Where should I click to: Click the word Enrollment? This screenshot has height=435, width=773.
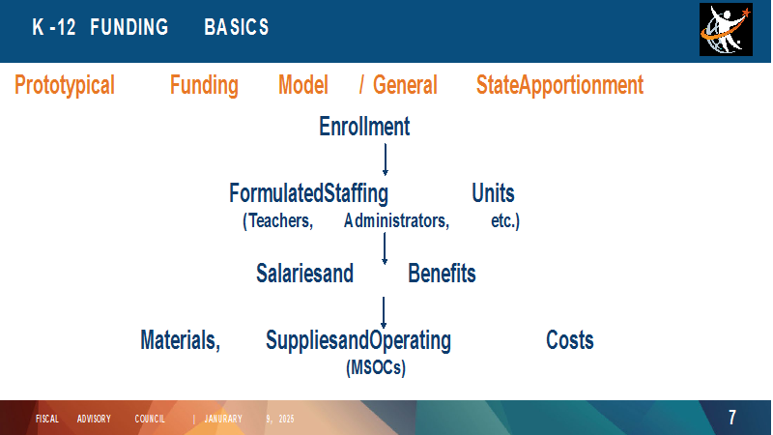364,127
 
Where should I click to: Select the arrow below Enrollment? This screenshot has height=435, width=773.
385,159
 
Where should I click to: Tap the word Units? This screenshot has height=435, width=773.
493,192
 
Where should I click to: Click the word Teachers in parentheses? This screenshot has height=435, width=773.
277,220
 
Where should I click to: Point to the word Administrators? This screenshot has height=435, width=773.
396,220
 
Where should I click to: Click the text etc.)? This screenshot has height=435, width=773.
505,220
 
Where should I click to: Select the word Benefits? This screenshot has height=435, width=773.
442,274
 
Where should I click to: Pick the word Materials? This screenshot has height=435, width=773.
181,340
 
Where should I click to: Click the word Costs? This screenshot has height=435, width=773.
570,340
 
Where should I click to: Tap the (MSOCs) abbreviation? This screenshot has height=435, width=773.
376,367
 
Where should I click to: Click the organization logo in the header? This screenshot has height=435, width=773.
726,30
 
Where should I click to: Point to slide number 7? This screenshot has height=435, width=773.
732,418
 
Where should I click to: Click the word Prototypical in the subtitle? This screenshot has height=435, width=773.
65,85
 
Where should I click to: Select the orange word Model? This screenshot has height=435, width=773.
303,85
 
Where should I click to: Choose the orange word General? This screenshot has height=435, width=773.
405,85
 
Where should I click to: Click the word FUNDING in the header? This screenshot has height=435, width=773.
129,27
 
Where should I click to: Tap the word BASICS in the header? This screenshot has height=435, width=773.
237,27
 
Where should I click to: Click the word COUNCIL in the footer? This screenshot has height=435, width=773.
150,419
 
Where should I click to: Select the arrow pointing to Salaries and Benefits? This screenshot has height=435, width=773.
385,248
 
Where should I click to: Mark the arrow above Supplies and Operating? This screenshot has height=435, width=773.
384,312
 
